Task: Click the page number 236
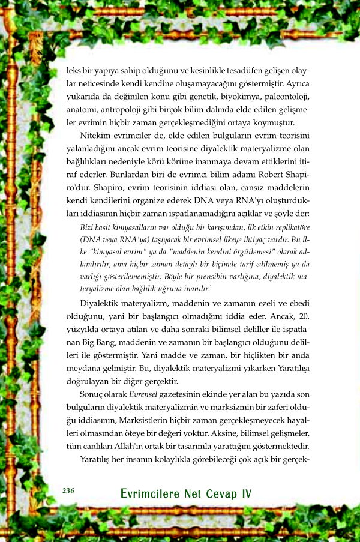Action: coord(68,491)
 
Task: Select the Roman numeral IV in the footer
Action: coord(246,493)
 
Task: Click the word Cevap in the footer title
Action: coord(221,493)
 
